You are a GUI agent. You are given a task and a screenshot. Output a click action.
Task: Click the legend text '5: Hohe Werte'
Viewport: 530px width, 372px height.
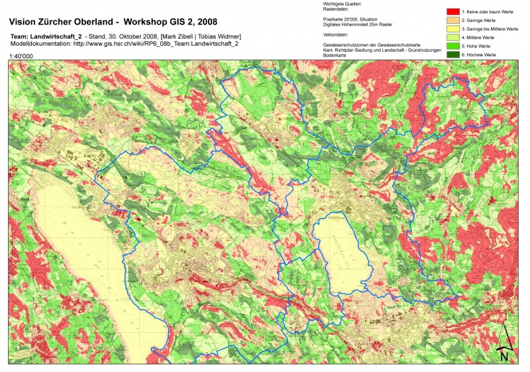click(476, 46)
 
